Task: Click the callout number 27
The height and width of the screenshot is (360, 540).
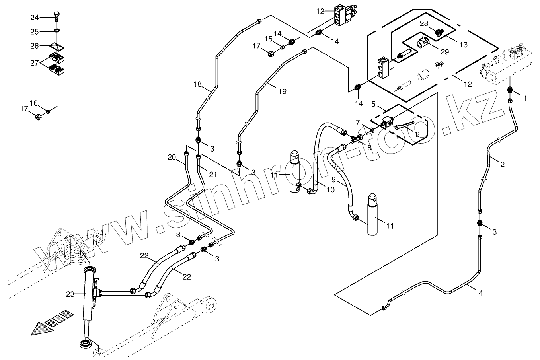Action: coord(35,62)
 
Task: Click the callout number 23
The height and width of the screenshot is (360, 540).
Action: coord(70,294)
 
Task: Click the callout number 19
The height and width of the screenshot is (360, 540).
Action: coord(282,91)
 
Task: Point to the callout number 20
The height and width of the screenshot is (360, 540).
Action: coord(172,158)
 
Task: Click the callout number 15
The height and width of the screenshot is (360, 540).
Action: coord(269,39)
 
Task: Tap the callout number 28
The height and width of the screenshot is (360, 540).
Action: coord(424,24)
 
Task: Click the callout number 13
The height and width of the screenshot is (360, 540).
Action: coord(464,45)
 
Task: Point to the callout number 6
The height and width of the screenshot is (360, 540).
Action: coord(417,134)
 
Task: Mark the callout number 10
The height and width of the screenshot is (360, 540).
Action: coord(330,190)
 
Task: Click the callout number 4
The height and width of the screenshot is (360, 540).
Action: coord(481,293)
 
